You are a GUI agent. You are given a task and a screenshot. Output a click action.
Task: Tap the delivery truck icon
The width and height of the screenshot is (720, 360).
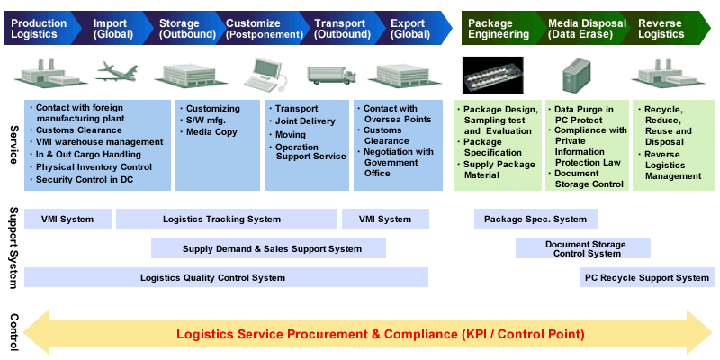point(331,76)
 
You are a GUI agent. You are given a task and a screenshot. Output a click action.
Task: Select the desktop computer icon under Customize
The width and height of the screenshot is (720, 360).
point(265,75)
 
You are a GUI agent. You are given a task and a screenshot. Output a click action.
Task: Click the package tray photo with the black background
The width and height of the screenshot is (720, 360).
point(492,75)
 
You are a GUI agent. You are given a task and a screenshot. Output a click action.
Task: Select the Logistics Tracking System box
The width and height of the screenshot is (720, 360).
point(227,219)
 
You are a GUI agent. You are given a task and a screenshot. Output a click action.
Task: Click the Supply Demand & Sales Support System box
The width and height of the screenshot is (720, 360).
point(268,249)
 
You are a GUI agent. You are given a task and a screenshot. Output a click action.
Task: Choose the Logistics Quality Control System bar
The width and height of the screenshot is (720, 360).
point(227,277)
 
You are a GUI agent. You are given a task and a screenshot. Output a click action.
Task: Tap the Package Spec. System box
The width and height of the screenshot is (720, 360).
point(535,219)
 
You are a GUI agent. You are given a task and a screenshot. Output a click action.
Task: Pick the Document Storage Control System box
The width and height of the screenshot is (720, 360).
point(583,249)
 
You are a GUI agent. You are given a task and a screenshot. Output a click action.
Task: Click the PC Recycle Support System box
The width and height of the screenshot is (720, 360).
point(647,277)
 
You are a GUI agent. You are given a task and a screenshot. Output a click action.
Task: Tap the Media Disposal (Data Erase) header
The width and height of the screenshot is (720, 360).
point(588,29)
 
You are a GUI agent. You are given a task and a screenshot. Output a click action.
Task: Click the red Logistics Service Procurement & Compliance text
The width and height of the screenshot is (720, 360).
point(381,334)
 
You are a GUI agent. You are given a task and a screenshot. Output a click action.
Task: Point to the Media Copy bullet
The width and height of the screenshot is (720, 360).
point(209,132)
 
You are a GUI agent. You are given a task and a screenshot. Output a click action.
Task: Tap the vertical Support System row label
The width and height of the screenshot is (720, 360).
point(13,248)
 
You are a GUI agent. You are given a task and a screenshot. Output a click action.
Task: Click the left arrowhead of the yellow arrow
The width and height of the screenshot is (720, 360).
point(36,332)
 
